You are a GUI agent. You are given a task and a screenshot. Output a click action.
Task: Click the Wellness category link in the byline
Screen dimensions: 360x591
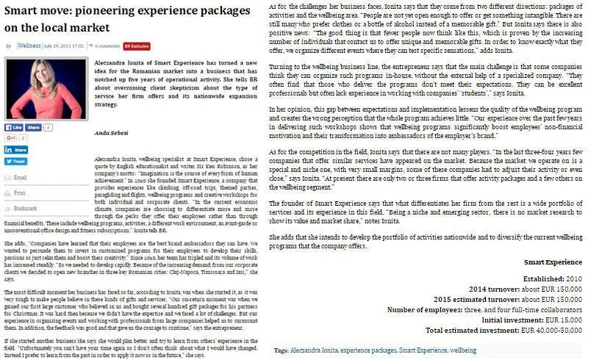click(29, 46)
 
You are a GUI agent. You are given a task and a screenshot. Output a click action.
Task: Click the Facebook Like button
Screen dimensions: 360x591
click(18, 127)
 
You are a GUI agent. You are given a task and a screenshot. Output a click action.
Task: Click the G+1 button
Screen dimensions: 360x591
click(12, 137)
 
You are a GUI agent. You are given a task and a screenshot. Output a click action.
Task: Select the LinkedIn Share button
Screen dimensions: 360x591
click(18, 149)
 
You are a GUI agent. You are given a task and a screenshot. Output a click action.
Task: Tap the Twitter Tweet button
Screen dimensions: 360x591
click(17, 161)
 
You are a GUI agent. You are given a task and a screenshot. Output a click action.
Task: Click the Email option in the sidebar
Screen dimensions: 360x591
click(20, 177)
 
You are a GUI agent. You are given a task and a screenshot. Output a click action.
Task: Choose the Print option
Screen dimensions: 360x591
click(19, 192)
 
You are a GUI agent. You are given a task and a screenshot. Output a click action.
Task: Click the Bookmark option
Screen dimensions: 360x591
click(25, 208)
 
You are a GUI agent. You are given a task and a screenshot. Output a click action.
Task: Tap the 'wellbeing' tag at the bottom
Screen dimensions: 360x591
click(462, 351)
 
